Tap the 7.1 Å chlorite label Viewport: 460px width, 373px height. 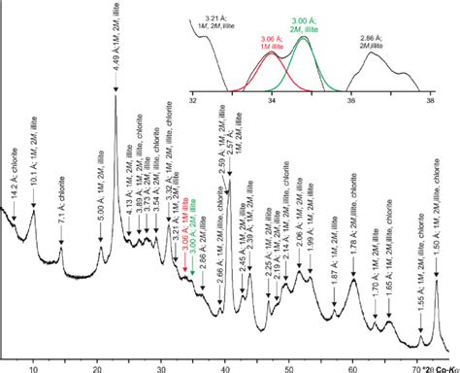[x=61, y=207]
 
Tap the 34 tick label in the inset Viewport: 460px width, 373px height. [x=272, y=100]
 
